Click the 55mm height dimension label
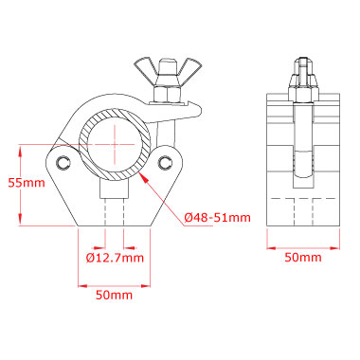[x=27, y=183]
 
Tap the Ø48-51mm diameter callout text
[x=218, y=218]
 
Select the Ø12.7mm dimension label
[x=115, y=258]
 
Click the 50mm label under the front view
[x=114, y=295]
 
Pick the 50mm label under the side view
[x=303, y=258]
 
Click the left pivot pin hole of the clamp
[x=63, y=162]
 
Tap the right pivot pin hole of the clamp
[x=165, y=162]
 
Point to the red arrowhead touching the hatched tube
[x=143, y=177]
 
